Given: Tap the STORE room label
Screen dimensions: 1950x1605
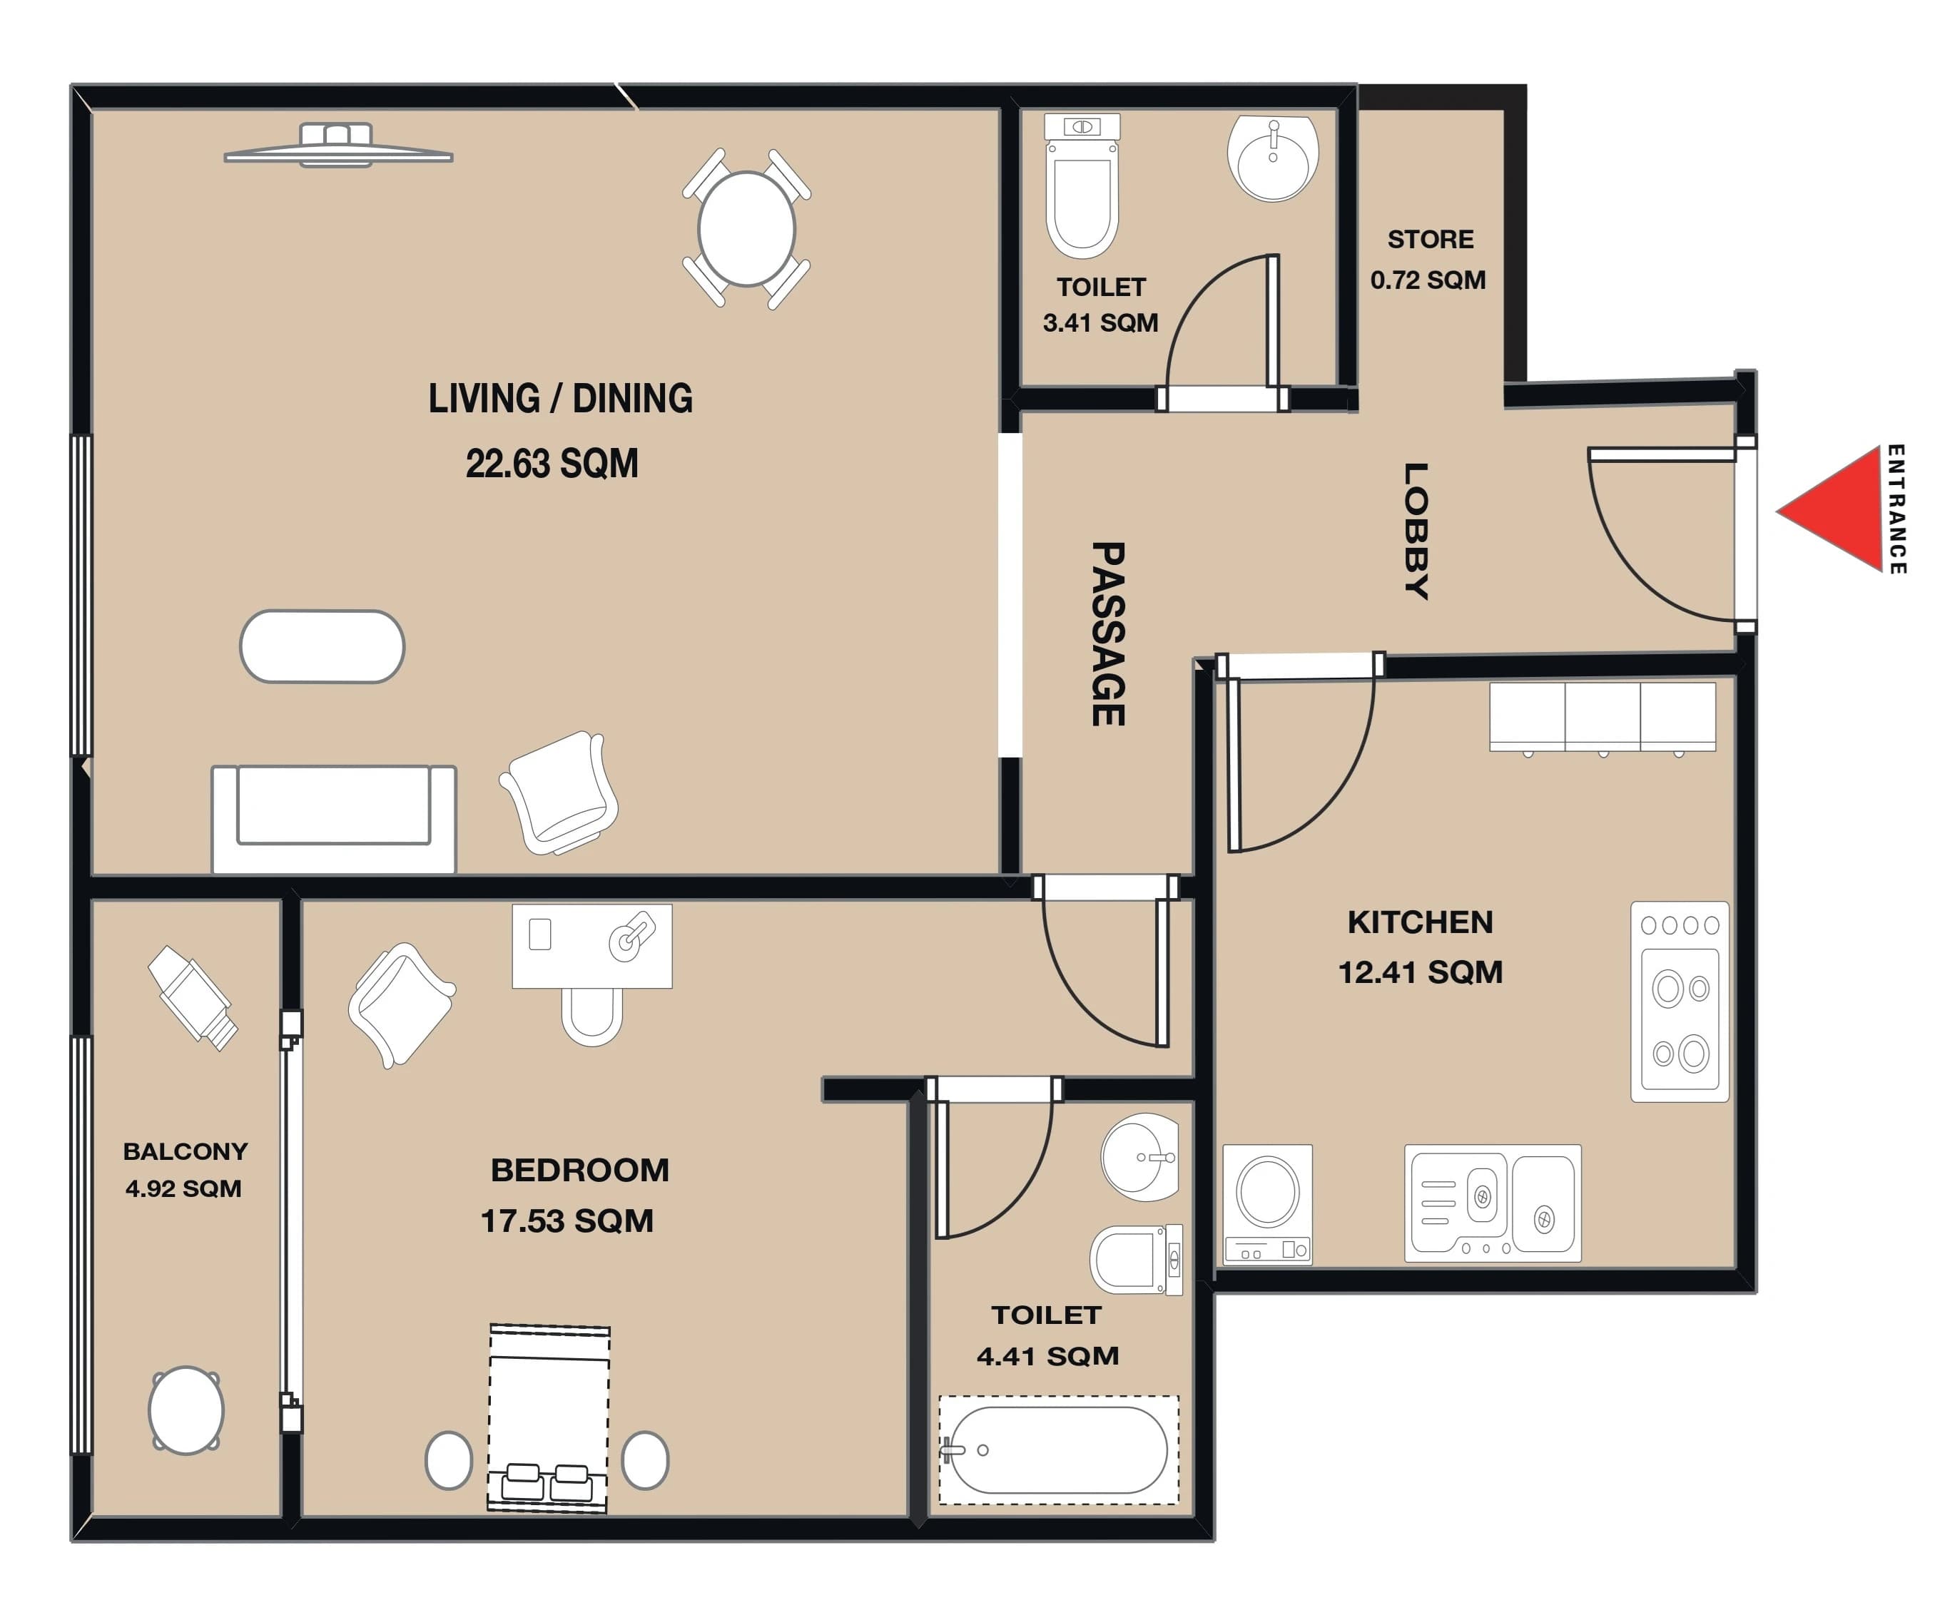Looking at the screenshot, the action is pos(1429,240).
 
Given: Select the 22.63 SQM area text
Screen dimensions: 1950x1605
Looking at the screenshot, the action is pos(552,463).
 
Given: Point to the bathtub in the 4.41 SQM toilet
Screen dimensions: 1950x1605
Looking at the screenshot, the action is pos(1059,1449).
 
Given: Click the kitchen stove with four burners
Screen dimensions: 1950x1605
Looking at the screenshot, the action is pos(1679,1002).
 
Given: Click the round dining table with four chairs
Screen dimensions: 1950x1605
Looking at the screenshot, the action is pos(746,228).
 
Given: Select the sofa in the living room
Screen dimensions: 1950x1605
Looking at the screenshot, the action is pos(334,818).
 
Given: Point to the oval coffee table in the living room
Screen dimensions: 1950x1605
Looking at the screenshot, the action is pos(322,646).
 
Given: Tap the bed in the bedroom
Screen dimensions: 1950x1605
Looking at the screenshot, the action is pos(549,1418).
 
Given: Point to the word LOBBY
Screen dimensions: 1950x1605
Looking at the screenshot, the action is pos(1416,531).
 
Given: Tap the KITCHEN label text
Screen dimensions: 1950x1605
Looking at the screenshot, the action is pos(1420,922).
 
